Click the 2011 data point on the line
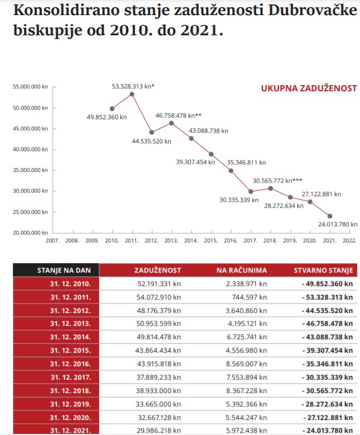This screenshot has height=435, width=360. [132, 94]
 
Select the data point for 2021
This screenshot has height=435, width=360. [330, 216]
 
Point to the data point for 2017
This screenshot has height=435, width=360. [251, 191]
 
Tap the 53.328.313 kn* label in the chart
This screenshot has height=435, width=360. [133, 86]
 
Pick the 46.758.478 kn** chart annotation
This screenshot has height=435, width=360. [178, 115]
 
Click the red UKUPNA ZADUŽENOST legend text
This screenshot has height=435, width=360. [308, 88]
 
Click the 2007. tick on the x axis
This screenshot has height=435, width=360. [53, 240]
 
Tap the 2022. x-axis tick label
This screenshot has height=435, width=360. [349, 240]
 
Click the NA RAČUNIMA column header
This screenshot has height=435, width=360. [242, 270]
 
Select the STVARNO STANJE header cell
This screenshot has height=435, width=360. [324, 270]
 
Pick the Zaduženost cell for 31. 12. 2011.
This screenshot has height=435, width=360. [159, 297]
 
